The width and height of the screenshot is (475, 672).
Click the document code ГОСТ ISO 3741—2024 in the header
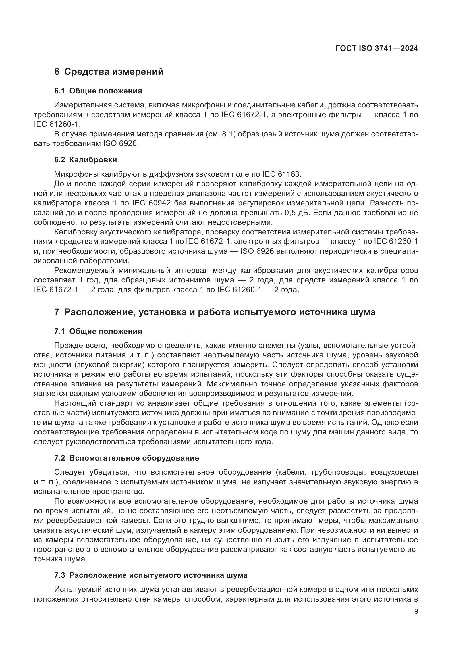(x=377, y=49)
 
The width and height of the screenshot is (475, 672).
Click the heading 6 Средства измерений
(x=109, y=72)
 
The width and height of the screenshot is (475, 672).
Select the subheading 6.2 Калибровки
(x=85, y=160)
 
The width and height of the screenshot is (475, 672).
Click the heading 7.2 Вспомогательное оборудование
(x=126, y=458)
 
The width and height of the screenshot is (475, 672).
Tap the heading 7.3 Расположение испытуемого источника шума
(x=151, y=575)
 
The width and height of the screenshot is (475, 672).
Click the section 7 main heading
(x=215, y=312)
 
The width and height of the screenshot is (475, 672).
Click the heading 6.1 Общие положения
(x=98, y=91)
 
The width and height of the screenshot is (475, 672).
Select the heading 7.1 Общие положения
(x=98, y=331)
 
